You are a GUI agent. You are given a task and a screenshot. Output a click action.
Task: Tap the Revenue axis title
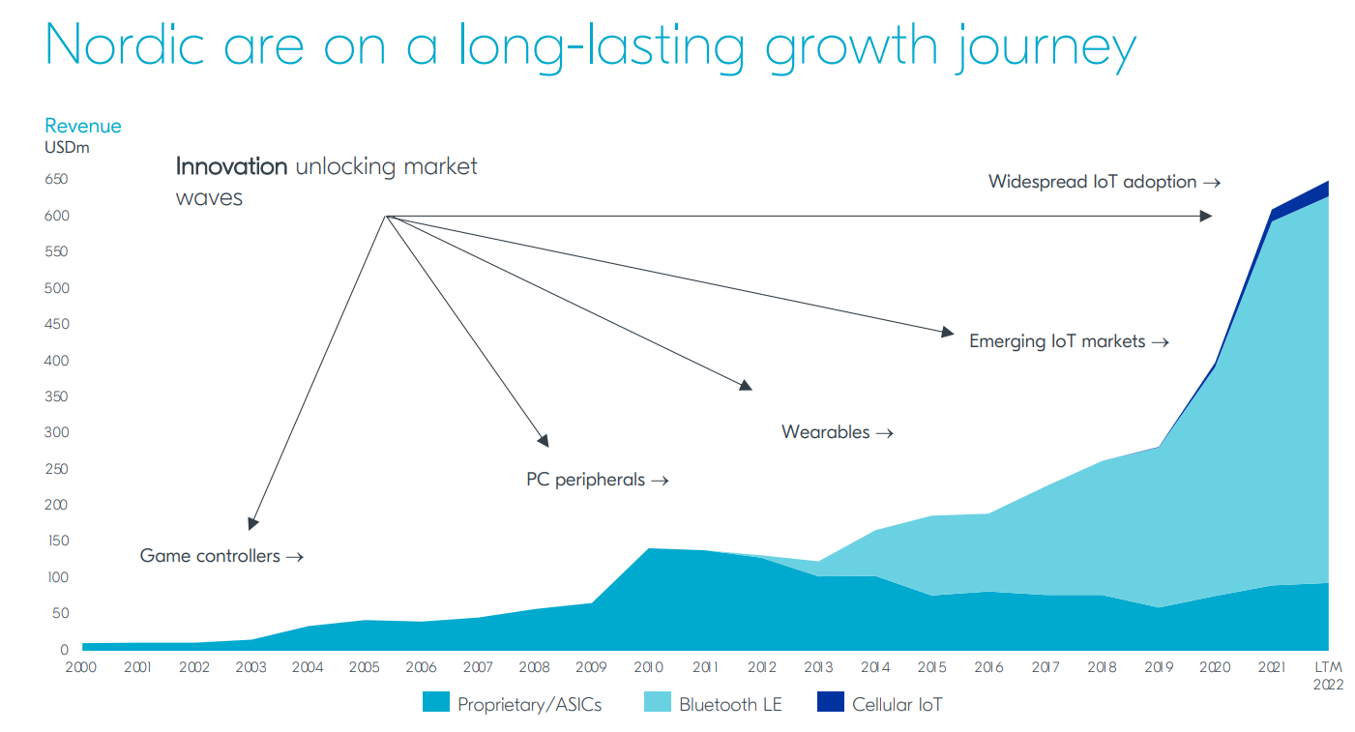point(83,127)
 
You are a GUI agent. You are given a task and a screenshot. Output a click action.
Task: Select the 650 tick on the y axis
point(56,180)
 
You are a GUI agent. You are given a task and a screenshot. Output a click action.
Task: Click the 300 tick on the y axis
point(56,433)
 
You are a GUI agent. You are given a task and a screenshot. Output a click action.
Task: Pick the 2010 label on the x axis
point(648,667)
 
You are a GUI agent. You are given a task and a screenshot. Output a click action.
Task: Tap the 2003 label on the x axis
point(251,667)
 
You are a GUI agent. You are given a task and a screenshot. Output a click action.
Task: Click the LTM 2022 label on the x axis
point(1328,674)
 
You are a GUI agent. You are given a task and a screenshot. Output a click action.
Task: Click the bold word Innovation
point(232,166)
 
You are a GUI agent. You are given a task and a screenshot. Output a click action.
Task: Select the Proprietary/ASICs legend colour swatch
point(436,703)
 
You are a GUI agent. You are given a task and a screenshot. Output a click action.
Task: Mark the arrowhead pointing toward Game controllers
point(253,523)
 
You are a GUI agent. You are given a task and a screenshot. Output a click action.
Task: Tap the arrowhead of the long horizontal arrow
point(1206,216)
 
